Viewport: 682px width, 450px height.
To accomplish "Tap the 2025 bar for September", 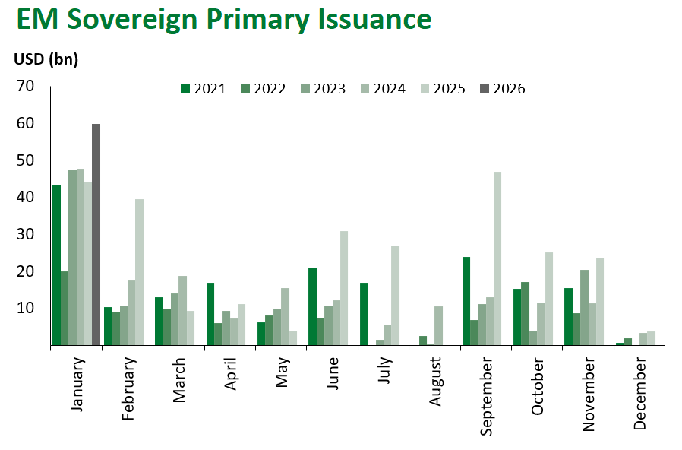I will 497,258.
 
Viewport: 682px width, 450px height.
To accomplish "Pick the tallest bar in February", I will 140,272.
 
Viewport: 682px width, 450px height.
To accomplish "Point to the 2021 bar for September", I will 466,301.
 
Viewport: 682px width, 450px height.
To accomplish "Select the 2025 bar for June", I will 343,288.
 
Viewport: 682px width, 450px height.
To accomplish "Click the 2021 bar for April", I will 210,314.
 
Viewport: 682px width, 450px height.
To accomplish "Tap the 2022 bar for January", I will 65,308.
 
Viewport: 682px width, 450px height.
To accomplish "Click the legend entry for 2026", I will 502,89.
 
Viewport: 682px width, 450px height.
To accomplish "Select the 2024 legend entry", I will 382,89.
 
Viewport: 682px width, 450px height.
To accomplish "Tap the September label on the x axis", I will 487,395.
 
